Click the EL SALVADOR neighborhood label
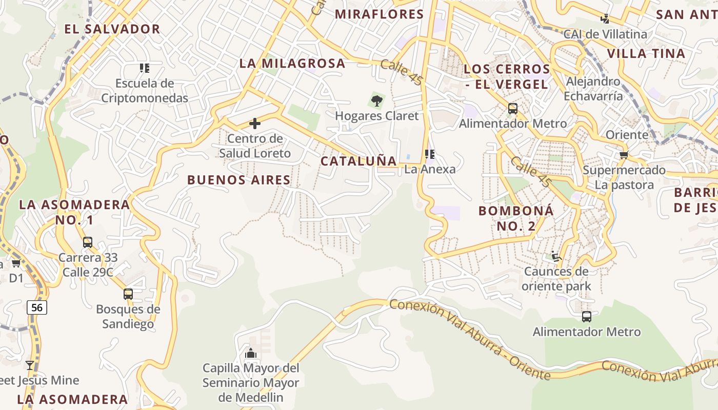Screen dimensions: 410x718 click(112, 29)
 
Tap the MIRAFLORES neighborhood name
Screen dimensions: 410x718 click(380, 14)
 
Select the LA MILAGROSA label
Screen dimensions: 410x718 click(292, 63)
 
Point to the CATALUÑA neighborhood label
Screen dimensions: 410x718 click(359, 161)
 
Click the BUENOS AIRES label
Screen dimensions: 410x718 click(239, 180)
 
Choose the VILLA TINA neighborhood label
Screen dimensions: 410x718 click(646, 53)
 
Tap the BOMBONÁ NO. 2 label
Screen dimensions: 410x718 click(516, 218)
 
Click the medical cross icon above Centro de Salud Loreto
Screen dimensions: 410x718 click(254, 124)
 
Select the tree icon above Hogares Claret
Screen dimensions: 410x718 click(377, 100)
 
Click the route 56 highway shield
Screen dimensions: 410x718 click(37, 307)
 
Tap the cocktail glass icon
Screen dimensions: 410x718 click(30, 365)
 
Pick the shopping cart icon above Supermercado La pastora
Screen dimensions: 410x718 click(624, 155)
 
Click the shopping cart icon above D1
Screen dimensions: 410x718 click(16, 263)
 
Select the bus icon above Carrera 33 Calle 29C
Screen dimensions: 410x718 click(88, 242)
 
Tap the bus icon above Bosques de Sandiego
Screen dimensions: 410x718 click(128, 294)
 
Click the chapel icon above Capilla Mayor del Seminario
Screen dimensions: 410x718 click(251, 353)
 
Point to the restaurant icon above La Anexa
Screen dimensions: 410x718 click(430, 154)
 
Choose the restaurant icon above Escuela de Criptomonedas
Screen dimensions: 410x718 click(145, 68)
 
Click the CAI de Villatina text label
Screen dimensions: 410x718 click(605, 34)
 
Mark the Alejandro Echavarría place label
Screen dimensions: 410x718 click(593, 89)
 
